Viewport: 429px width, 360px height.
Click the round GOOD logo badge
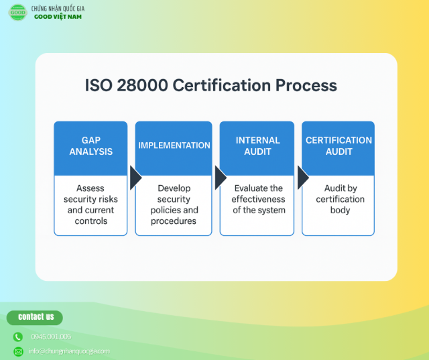coord(18,12)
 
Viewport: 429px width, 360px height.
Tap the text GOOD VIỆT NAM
coord(58,17)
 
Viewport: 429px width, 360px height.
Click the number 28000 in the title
coord(142,85)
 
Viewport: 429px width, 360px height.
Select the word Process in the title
coord(306,85)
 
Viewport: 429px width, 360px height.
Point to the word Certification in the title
coord(222,85)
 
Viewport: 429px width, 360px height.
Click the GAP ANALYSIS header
coord(91,145)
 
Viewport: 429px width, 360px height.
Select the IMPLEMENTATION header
coord(174,145)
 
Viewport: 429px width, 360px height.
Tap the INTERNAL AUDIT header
coord(257,145)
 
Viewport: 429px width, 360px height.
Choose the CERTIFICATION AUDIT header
coord(339,145)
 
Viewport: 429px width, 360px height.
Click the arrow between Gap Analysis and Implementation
coord(135,178)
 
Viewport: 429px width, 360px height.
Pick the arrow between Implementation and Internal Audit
coord(221,178)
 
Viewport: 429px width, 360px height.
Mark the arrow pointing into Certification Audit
coord(302,178)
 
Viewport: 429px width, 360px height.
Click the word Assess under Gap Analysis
coord(90,188)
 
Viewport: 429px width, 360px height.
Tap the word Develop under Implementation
coord(174,188)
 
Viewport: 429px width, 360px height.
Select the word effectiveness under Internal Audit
coord(258,199)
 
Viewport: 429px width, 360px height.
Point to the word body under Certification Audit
coord(340,211)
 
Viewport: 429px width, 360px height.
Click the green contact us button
coord(35,318)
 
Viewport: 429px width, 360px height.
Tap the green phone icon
coord(18,337)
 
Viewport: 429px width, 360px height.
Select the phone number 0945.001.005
coord(51,337)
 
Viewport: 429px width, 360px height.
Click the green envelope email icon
coord(18,351)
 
